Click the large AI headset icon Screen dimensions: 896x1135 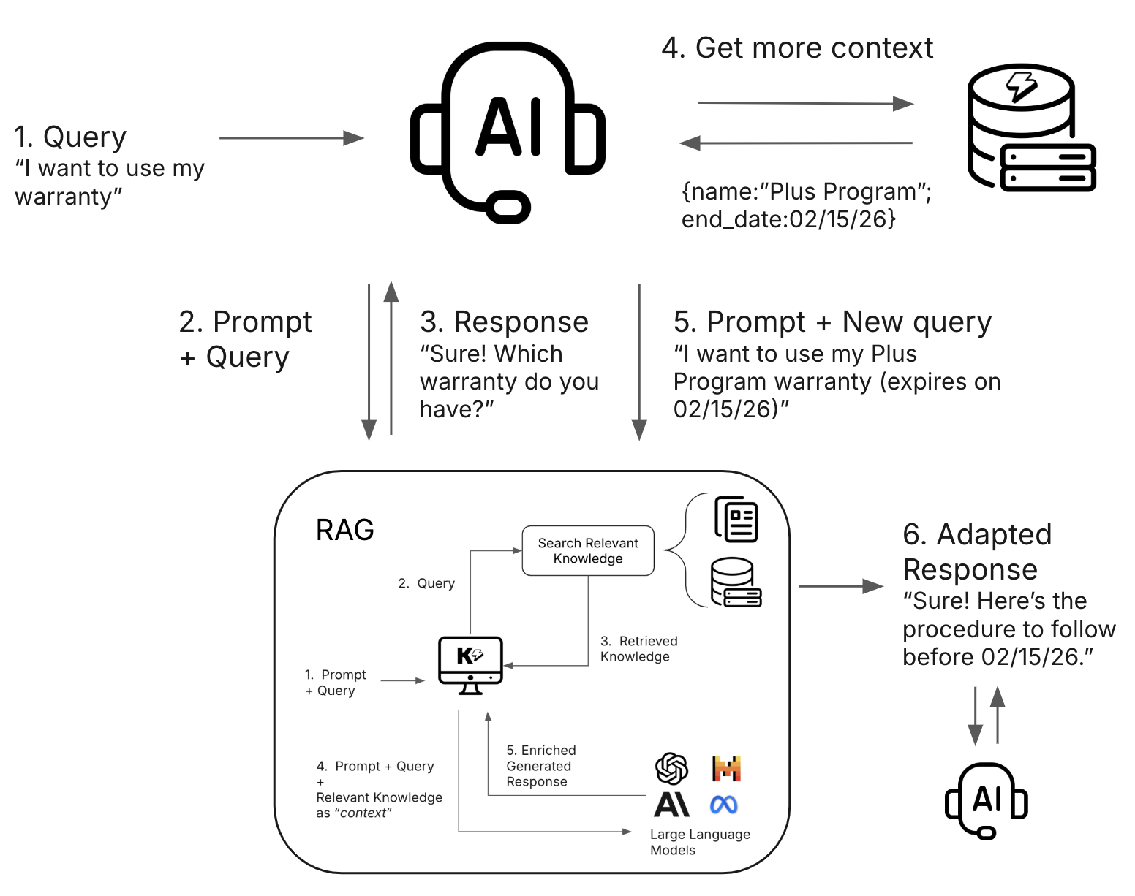point(508,132)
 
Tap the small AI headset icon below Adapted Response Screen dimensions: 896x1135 point(987,800)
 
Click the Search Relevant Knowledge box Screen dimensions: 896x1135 point(588,551)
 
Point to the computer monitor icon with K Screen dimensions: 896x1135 point(470,664)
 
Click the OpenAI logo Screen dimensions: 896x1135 point(671,768)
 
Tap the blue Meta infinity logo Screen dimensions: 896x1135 point(724,805)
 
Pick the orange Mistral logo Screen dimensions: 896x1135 point(726,768)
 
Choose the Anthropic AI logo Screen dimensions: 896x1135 point(671,805)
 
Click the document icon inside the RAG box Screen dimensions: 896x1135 point(736,520)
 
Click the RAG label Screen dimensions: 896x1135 point(344,530)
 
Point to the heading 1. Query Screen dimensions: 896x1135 point(70,137)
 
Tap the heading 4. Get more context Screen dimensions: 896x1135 point(797,48)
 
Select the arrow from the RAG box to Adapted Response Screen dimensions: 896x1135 point(841,586)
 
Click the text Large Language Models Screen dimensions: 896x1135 point(699,842)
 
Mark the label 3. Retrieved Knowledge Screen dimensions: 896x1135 point(638,649)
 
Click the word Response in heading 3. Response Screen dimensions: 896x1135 point(521,322)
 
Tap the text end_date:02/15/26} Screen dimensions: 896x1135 point(788,219)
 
